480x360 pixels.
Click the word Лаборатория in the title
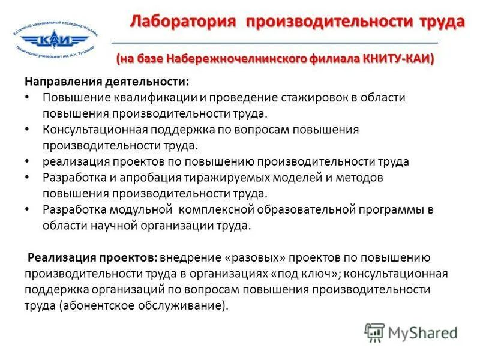pos(182,22)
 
